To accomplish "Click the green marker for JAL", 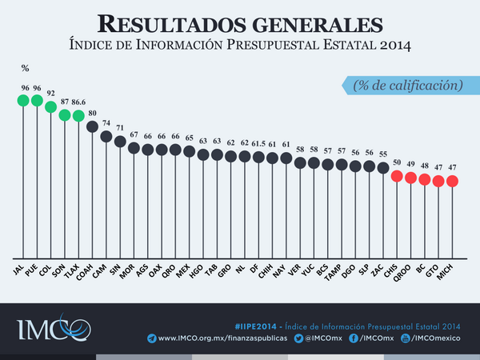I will [22, 101].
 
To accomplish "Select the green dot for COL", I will [50, 106].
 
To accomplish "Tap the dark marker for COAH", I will [92, 126].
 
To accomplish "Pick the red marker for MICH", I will [452, 181].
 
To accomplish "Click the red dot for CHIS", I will [397, 176].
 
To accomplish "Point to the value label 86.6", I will [78, 102].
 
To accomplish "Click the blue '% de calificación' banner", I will [405, 84].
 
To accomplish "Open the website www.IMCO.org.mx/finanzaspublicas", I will [212, 338].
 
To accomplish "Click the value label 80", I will [92, 113].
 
